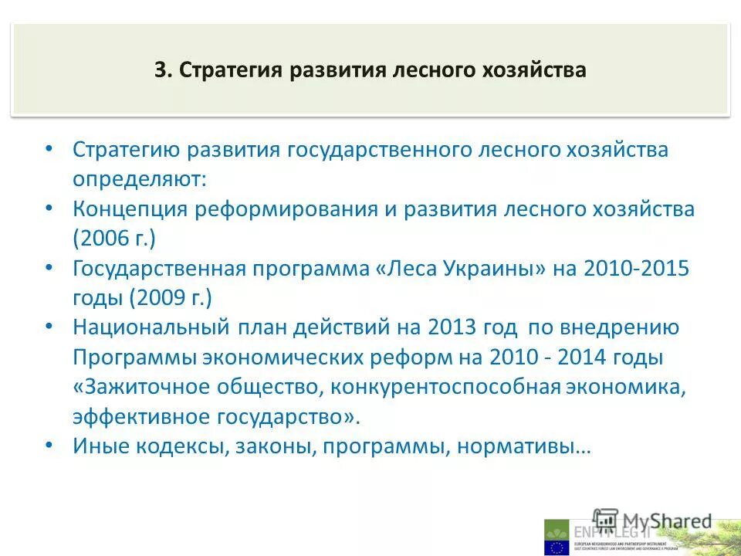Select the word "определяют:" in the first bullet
click(x=140, y=179)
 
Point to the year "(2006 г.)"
click(x=114, y=239)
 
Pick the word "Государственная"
click(x=159, y=269)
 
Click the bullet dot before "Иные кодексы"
click(x=49, y=446)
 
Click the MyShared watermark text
click(x=664, y=521)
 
